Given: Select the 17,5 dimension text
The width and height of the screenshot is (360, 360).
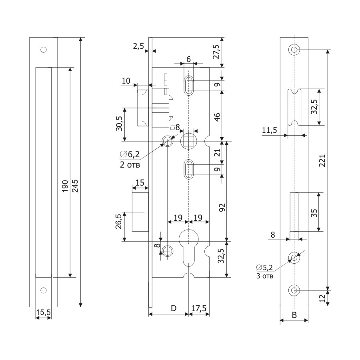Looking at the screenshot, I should (x=198, y=308).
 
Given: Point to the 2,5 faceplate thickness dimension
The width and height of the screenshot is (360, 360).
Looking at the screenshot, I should (x=138, y=46).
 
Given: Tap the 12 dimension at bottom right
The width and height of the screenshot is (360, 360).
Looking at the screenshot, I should (x=323, y=298).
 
